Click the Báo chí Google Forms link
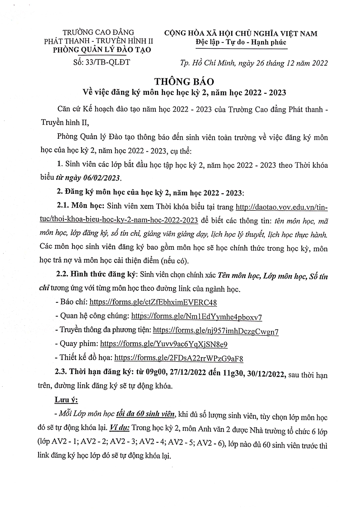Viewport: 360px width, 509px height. coord(153,302)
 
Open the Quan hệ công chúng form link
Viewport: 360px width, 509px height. coord(196,316)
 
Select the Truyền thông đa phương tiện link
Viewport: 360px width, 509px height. coord(216,331)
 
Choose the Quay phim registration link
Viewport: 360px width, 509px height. coord(164,344)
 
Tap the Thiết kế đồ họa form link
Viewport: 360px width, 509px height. coord(179,358)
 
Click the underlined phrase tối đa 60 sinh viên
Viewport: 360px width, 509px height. coord(146,414)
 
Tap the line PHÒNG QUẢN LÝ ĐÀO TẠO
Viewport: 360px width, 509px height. coord(102,50)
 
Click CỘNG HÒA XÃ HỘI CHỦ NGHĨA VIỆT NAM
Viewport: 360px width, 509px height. coord(241,34)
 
